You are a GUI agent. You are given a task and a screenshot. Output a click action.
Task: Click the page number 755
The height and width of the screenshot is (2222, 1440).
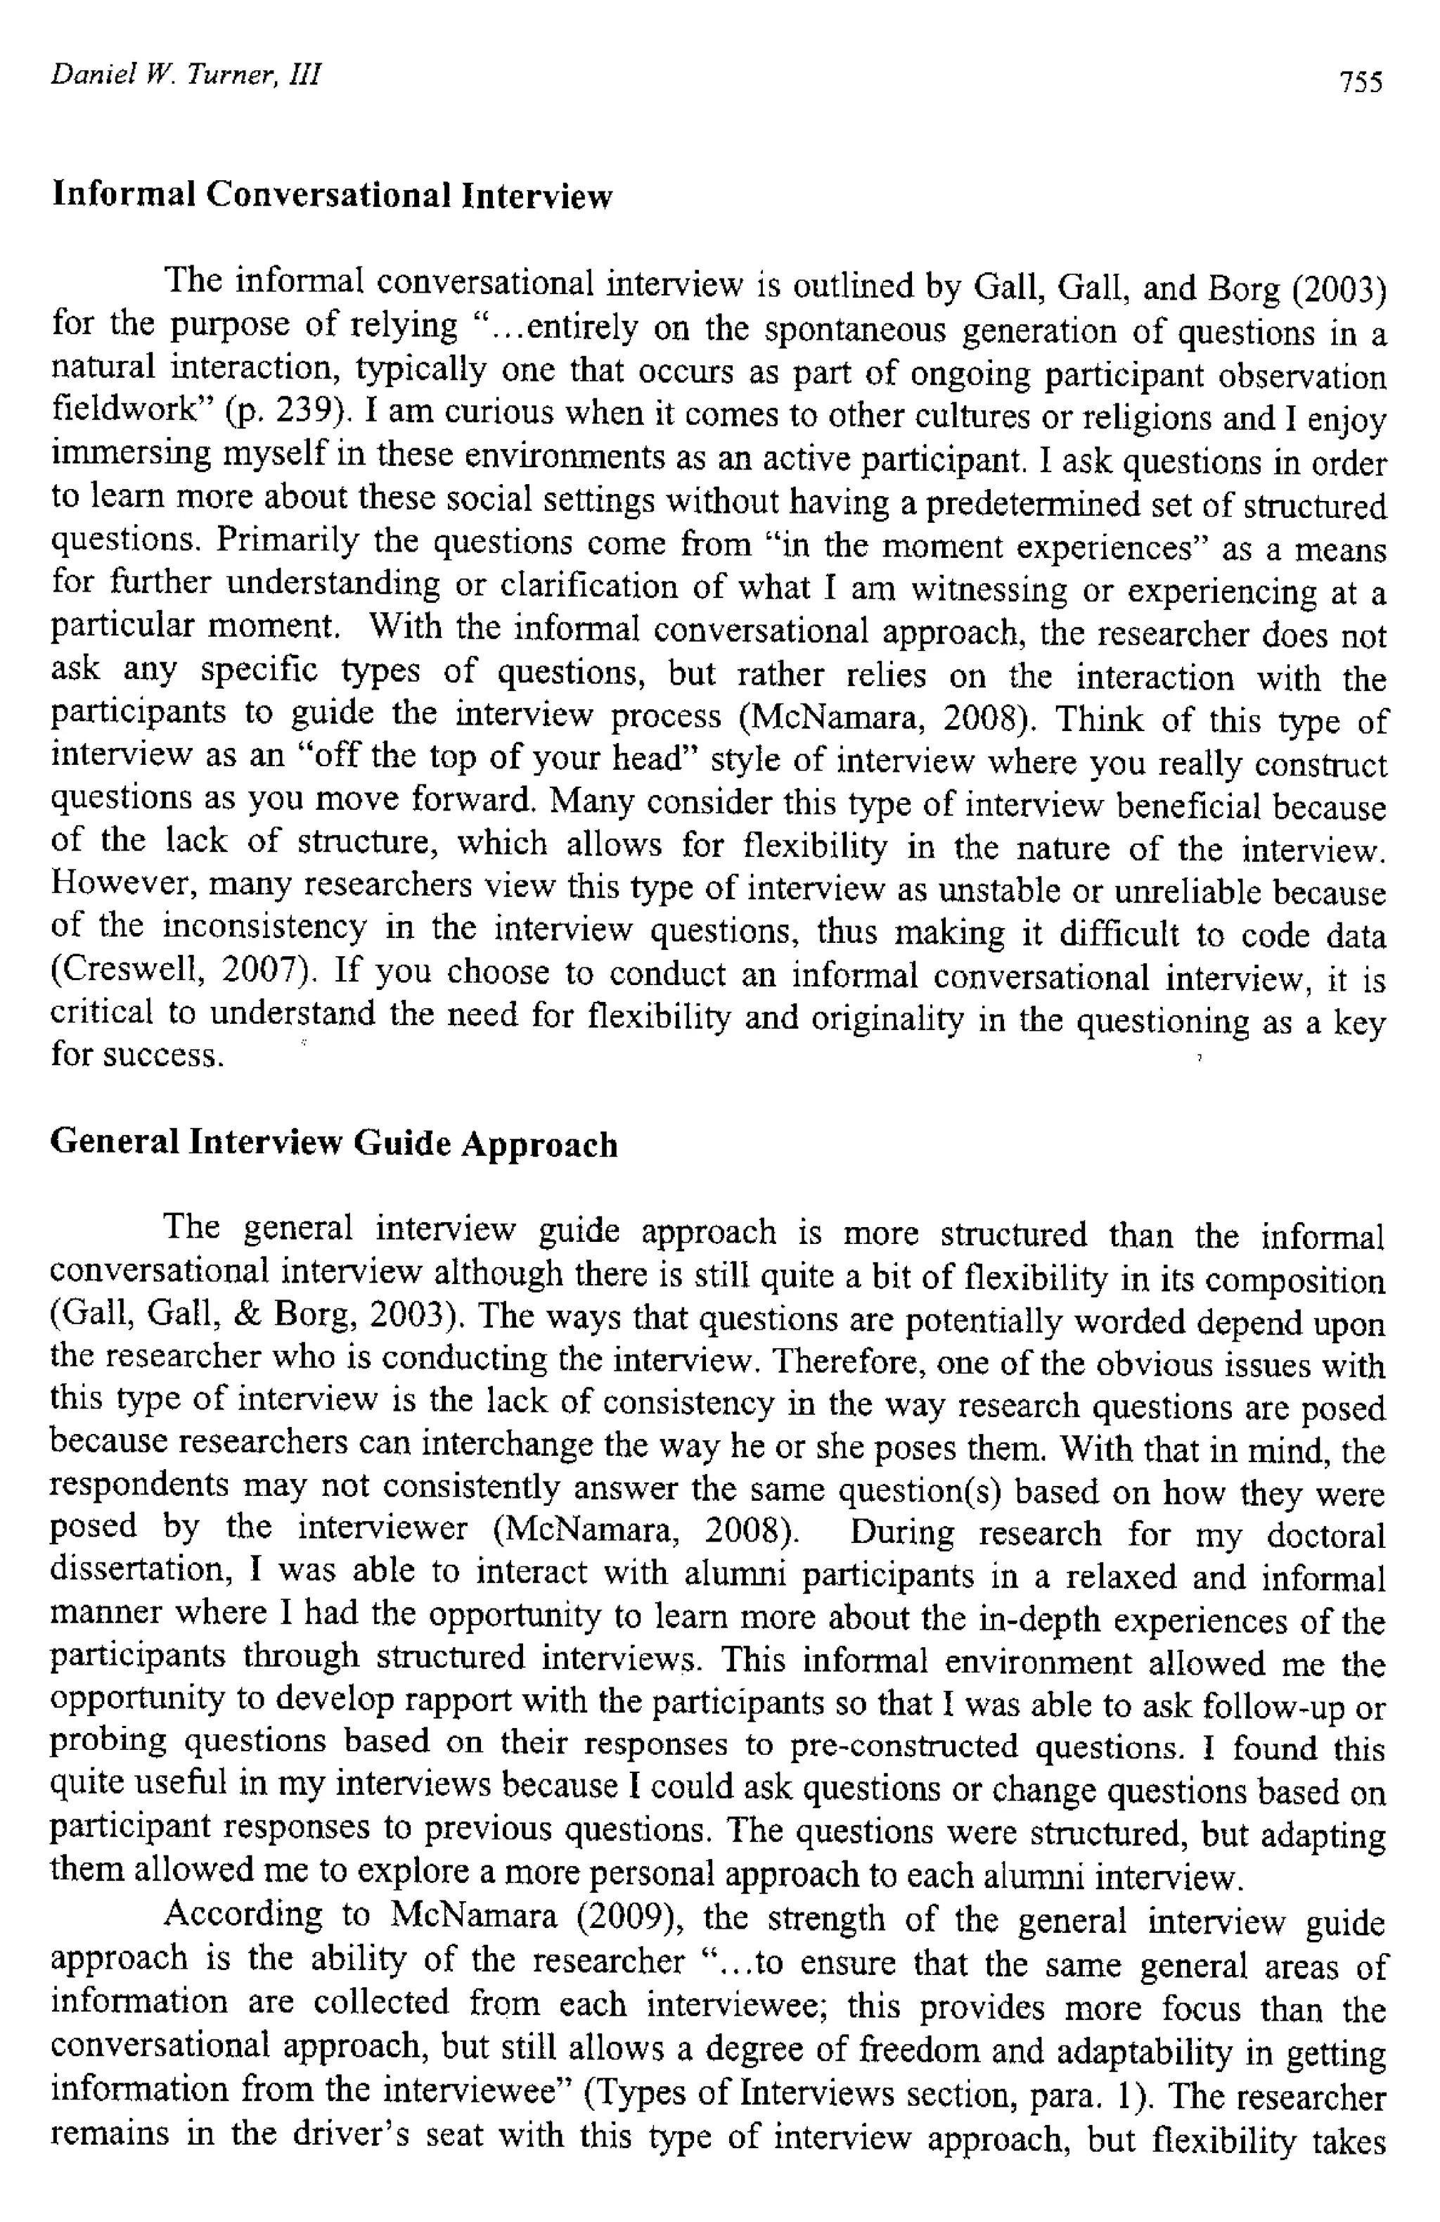pos(1360,82)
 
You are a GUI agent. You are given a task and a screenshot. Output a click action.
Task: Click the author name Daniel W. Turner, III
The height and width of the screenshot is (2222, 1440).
pos(186,75)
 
